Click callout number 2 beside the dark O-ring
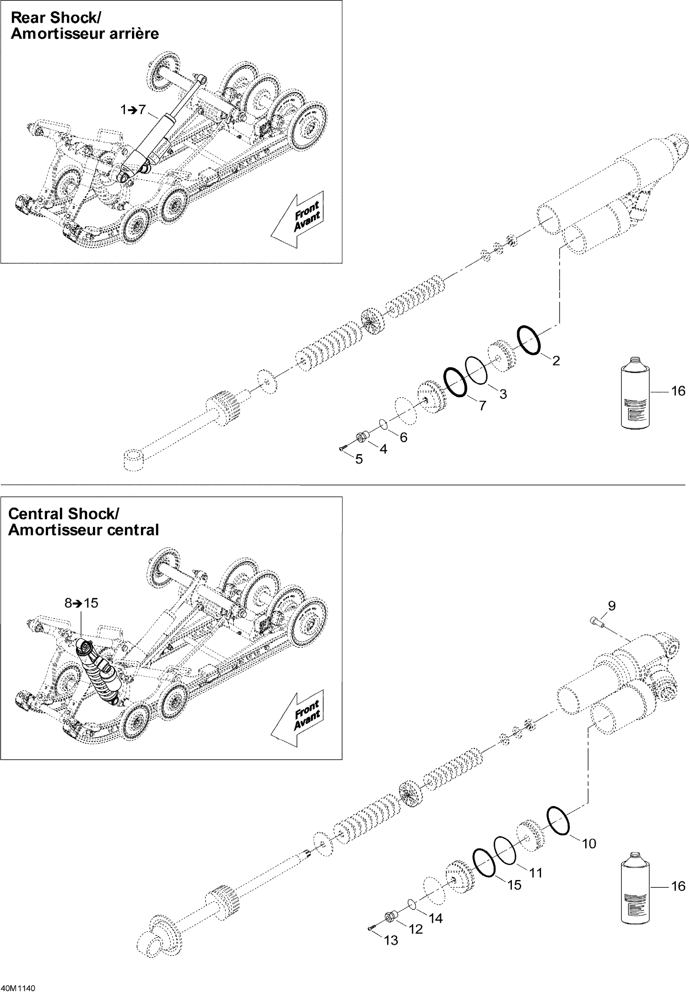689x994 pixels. pos(556,361)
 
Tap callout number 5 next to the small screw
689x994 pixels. pos(359,460)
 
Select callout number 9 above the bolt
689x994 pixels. pos(612,606)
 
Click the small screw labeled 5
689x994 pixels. pos(342,449)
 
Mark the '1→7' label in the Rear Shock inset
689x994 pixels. pos(133,110)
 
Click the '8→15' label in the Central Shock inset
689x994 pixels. pos(81,603)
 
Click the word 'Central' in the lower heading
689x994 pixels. pos(36,514)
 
